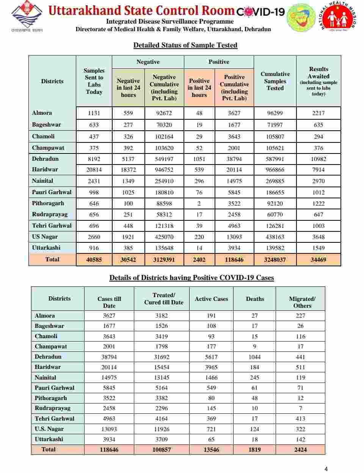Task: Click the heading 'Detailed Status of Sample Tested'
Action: click(x=185, y=45)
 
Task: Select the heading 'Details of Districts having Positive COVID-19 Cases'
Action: click(x=191, y=278)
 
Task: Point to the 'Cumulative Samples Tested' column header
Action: click(x=275, y=81)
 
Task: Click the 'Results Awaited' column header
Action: click(x=318, y=81)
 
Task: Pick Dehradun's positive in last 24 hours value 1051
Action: click(x=199, y=159)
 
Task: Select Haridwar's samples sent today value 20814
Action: click(x=94, y=170)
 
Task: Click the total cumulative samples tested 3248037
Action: click(x=275, y=260)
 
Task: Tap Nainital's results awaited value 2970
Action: click(x=318, y=181)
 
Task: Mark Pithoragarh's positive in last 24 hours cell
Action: click(x=199, y=204)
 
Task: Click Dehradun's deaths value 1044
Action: click(x=254, y=357)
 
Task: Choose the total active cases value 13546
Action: click(x=211, y=449)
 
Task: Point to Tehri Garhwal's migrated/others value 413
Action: click(x=300, y=419)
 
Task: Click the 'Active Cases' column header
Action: click(x=211, y=299)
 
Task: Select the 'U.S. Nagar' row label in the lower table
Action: click(x=49, y=429)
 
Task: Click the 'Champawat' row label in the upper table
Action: click(x=48, y=148)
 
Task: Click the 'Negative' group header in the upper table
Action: click(x=148, y=62)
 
